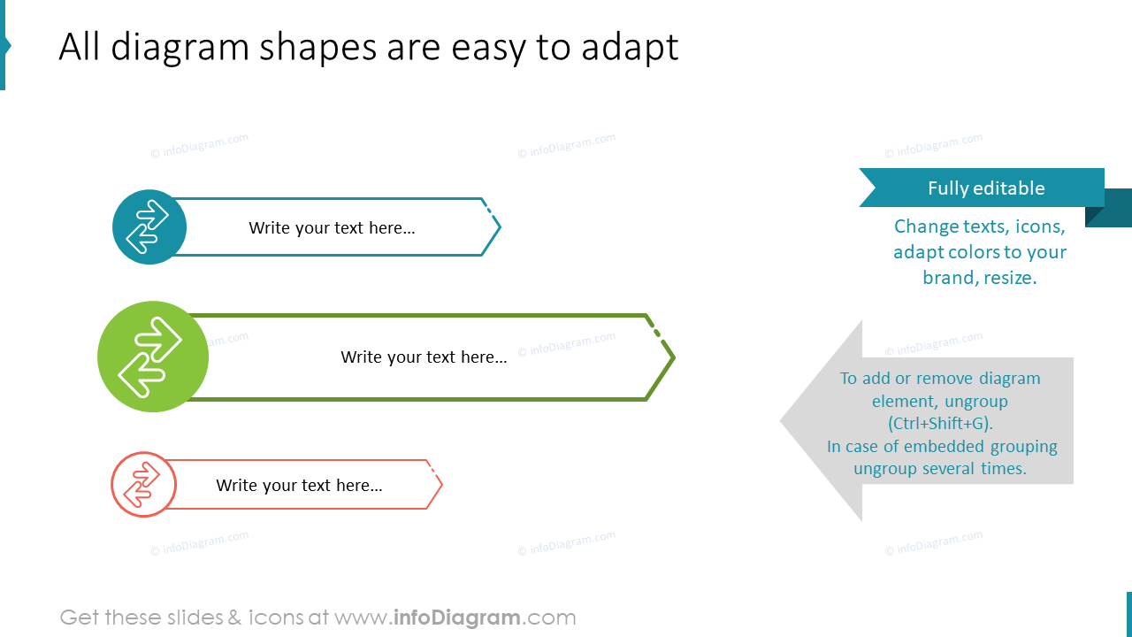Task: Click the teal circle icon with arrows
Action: [x=149, y=227]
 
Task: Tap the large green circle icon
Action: [x=153, y=357]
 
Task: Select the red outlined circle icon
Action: [x=143, y=485]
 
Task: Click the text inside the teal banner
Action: [x=332, y=228]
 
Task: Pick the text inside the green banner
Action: [x=424, y=357]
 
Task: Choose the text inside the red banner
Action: [x=299, y=486]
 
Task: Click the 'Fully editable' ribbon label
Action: [x=985, y=188]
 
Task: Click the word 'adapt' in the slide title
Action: [x=630, y=48]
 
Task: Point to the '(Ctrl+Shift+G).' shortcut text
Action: [x=940, y=424]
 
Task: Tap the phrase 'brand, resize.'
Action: [x=979, y=278]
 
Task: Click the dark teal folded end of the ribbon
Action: [x=1109, y=210]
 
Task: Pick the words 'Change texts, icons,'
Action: [x=979, y=226]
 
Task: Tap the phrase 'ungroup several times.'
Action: [x=940, y=469]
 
